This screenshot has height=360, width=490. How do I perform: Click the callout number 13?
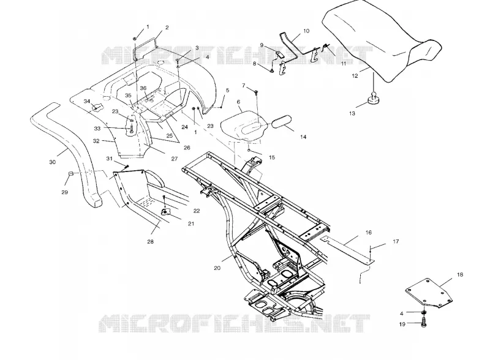[352, 113]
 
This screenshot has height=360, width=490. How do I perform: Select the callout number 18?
[460, 275]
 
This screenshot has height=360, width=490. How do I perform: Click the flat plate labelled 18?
[429, 294]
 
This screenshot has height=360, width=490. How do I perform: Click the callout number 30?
[53, 162]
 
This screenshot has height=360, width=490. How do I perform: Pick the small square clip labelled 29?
[71, 174]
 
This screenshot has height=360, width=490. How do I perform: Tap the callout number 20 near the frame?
[217, 268]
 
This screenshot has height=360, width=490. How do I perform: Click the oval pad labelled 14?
[282, 122]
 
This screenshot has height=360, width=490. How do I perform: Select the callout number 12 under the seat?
[355, 76]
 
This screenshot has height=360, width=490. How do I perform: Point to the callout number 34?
[87, 101]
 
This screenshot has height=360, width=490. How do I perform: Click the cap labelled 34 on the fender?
[97, 108]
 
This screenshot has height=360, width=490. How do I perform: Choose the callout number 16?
[369, 232]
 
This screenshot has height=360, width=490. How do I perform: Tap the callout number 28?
[150, 242]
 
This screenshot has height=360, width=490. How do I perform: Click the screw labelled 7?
[256, 92]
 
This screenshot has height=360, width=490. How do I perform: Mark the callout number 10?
[306, 31]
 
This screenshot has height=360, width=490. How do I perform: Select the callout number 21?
[191, 223]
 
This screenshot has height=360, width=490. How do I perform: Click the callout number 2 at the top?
[167, 28]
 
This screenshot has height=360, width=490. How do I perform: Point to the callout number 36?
[143, 88]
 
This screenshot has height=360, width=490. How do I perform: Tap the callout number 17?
[396, 241]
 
